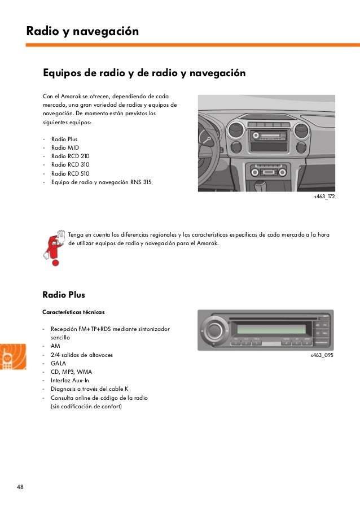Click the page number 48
click(20, 487)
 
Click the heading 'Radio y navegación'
click(82, 32)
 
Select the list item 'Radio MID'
click(65, 147)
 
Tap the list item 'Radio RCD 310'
click(70, 165)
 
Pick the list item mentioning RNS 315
click(100, 182)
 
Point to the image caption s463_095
click(322, 356)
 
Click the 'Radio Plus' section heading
click(64, 294)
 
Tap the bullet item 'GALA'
click(59, 363)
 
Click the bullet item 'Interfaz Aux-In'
click(73, 380)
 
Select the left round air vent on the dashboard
click(236, 135)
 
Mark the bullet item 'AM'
click(55, 346)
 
